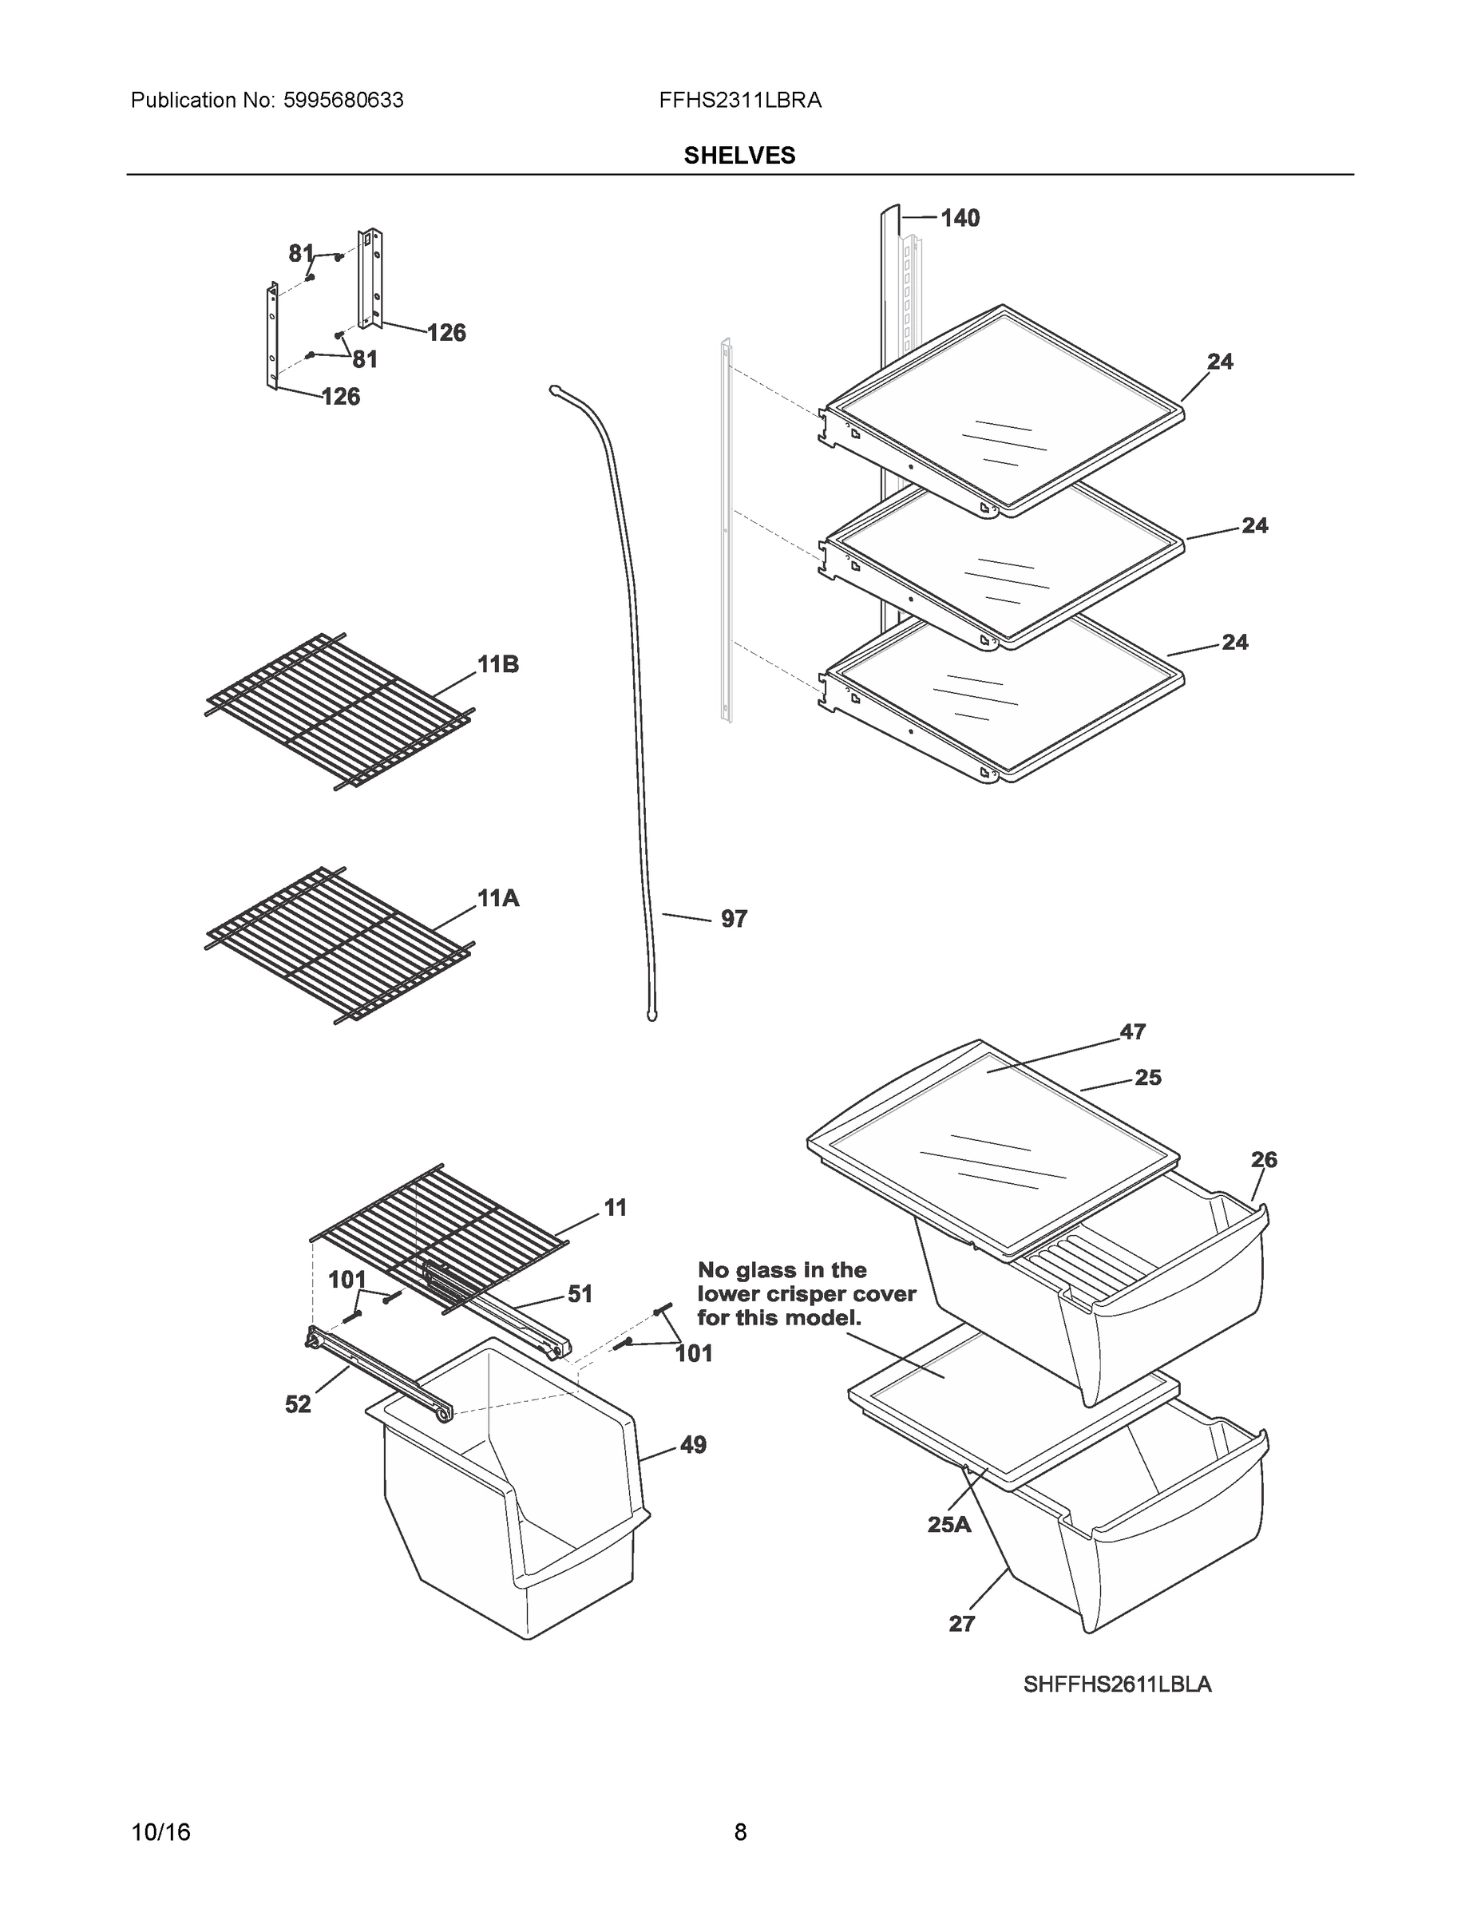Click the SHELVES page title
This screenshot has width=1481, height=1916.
739,156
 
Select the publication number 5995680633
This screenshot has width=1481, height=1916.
344,101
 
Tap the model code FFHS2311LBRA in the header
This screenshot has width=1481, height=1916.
739,101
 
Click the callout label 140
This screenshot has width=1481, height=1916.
960,218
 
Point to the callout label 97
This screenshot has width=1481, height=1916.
734,919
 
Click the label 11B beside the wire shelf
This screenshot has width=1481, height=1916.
497,665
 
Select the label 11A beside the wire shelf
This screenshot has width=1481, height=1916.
497,898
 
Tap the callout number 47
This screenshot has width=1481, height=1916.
1132,1031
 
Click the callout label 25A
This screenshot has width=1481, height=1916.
949,1525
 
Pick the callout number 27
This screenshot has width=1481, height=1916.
961,1624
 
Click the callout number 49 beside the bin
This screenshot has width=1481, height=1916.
693,1445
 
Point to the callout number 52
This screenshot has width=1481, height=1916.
298,1404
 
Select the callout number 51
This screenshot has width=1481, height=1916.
580,1294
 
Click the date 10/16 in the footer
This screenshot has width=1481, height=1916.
160,1833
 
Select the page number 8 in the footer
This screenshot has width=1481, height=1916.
739,1833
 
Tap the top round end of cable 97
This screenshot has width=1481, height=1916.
555,389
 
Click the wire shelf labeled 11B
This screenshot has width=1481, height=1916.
338,711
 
